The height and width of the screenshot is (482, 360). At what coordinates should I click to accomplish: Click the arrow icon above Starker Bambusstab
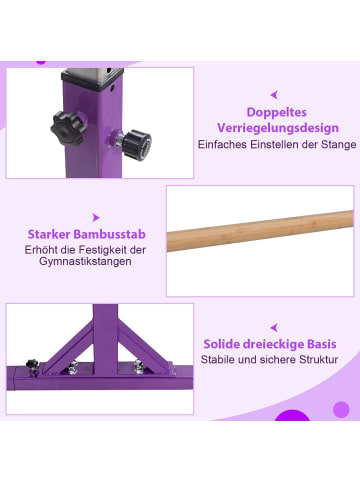(95, 216)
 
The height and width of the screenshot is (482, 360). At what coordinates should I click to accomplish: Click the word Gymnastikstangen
(83, 262)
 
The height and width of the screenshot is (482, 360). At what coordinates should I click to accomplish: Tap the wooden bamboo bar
(259, 231)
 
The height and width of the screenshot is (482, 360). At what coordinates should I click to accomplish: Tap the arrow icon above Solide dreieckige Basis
(271, 325)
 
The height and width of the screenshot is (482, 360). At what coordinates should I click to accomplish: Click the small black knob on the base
(32, 365)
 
